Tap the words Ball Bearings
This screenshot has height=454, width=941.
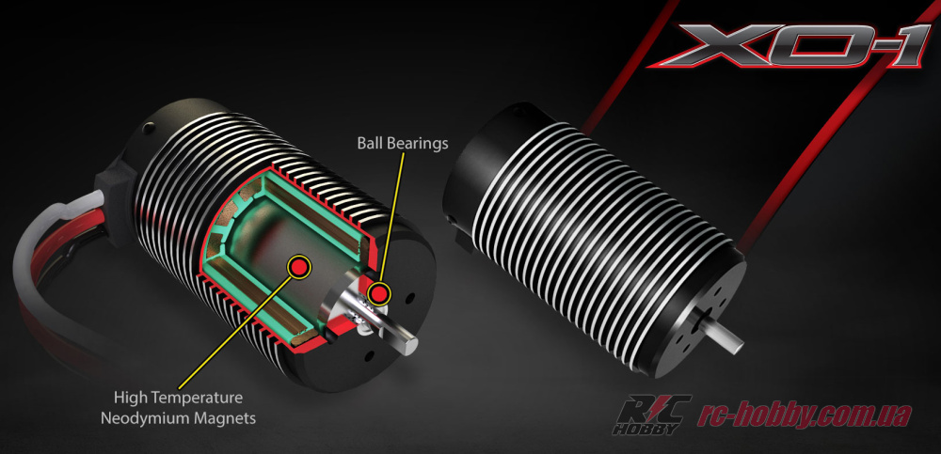(402, 144)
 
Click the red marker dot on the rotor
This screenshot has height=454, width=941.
(299, 267)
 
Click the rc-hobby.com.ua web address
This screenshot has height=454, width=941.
(805, 415)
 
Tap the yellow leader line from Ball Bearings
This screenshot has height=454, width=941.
(393, 216)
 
